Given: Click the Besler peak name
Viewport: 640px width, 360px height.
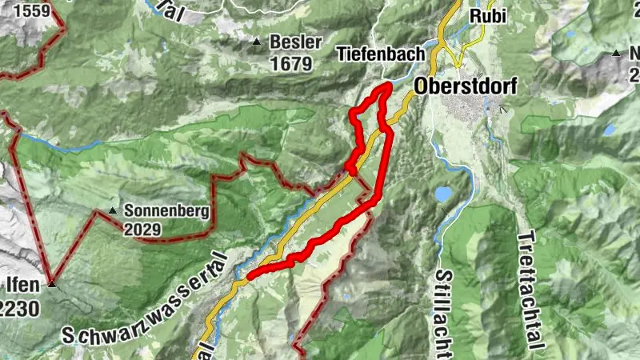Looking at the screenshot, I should [x=296, y=42].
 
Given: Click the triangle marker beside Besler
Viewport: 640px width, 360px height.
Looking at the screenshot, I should [x=257, y=42].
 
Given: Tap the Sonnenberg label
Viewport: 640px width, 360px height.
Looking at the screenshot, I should [x=166, y=212].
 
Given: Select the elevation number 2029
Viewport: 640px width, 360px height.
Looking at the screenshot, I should [x=142, y=230].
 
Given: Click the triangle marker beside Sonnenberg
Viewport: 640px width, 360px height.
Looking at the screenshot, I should [x=113, y=212].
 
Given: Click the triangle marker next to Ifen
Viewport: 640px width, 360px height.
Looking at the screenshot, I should [x=52, y=284].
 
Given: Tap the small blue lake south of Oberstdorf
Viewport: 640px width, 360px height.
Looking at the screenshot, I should [x=443, y=194].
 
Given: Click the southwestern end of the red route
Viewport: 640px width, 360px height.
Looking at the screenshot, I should [x=250, y=277].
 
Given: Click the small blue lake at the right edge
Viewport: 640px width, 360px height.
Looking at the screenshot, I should [x=610, y=129].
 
